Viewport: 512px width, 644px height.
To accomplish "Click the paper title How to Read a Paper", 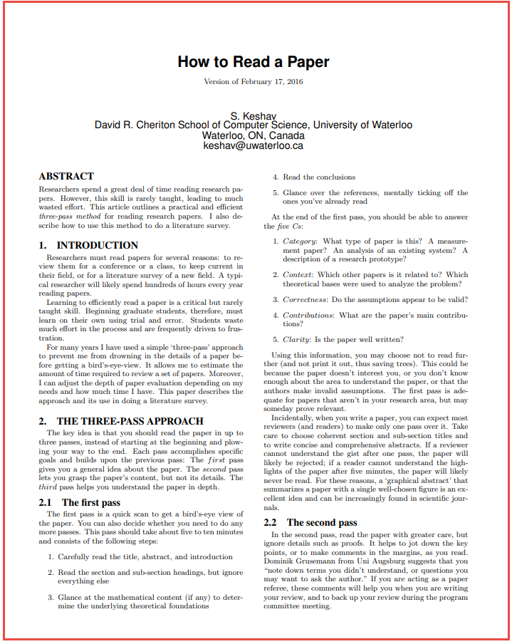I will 254,62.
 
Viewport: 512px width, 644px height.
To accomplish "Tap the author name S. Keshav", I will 254,115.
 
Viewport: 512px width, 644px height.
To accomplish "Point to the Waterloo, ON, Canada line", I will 254,135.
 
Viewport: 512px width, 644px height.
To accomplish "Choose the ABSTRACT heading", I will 66,176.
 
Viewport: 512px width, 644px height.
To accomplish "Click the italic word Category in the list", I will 299,241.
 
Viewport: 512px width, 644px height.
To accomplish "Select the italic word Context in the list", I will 297,274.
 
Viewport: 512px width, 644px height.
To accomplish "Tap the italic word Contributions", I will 308,315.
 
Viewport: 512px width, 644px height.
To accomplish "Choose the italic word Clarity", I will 296,339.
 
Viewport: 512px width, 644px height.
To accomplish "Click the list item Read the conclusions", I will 318,177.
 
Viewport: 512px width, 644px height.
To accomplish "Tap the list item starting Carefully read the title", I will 145,556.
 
